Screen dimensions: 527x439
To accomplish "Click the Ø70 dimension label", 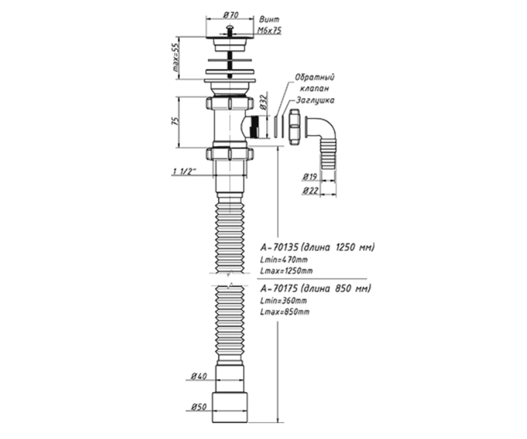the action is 230,15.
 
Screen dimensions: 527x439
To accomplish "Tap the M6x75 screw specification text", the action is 269,31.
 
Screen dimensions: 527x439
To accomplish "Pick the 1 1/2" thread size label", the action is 184,172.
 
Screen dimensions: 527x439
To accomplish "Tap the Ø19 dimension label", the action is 310,177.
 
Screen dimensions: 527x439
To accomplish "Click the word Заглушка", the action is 315,101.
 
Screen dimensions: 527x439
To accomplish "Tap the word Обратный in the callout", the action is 315,77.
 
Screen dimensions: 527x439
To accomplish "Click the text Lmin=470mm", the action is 284,259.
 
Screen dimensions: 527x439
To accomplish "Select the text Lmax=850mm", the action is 285,312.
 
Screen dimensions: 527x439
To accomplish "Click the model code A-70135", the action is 279,247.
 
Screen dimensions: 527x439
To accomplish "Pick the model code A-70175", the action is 279,288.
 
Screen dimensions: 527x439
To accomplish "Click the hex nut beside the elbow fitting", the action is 294,127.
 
